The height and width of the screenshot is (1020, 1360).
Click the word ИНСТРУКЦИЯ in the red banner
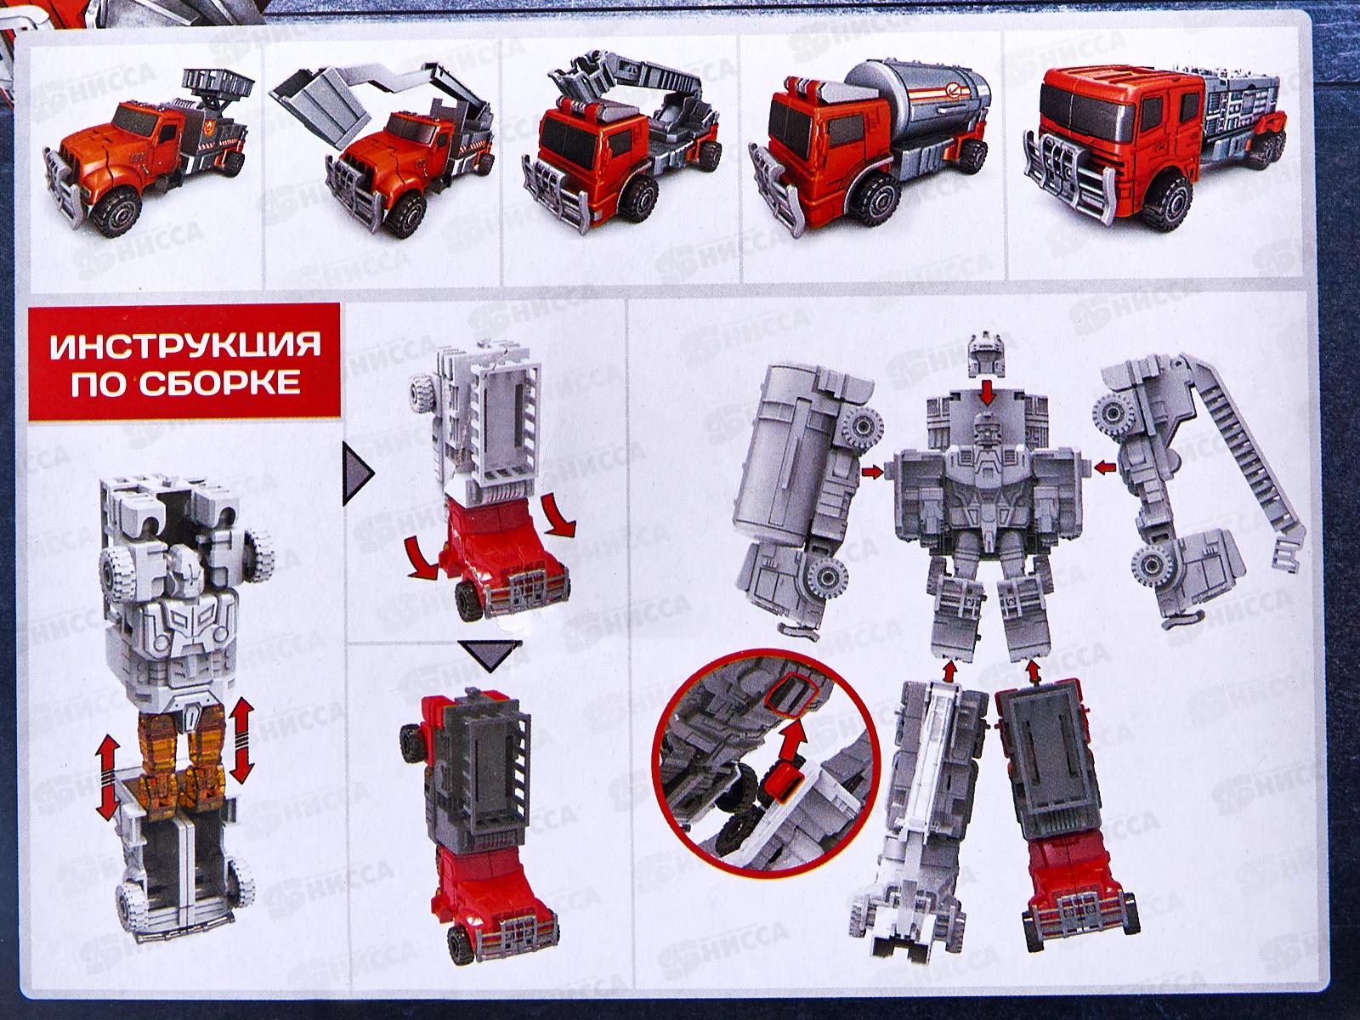(186, 345)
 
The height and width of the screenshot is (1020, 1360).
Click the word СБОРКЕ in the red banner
(219, 384)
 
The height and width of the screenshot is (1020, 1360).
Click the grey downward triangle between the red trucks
(490, 656)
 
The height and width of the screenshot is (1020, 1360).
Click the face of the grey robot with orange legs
(186, 564)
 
